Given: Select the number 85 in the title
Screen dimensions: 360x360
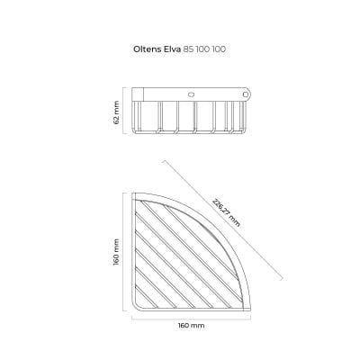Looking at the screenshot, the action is (188, 49).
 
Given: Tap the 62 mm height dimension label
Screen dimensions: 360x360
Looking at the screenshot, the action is (116, 112).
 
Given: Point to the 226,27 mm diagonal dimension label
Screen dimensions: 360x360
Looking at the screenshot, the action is (227, 212).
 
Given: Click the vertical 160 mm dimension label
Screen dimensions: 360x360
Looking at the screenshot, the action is (116, 252).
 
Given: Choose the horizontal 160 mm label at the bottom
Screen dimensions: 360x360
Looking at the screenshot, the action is (191, 326).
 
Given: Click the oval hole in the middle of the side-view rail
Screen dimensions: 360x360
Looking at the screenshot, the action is (191, 94).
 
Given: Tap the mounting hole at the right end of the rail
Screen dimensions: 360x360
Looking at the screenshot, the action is (246, 94).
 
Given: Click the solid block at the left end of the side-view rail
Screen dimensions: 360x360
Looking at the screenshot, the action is (138, 94).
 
